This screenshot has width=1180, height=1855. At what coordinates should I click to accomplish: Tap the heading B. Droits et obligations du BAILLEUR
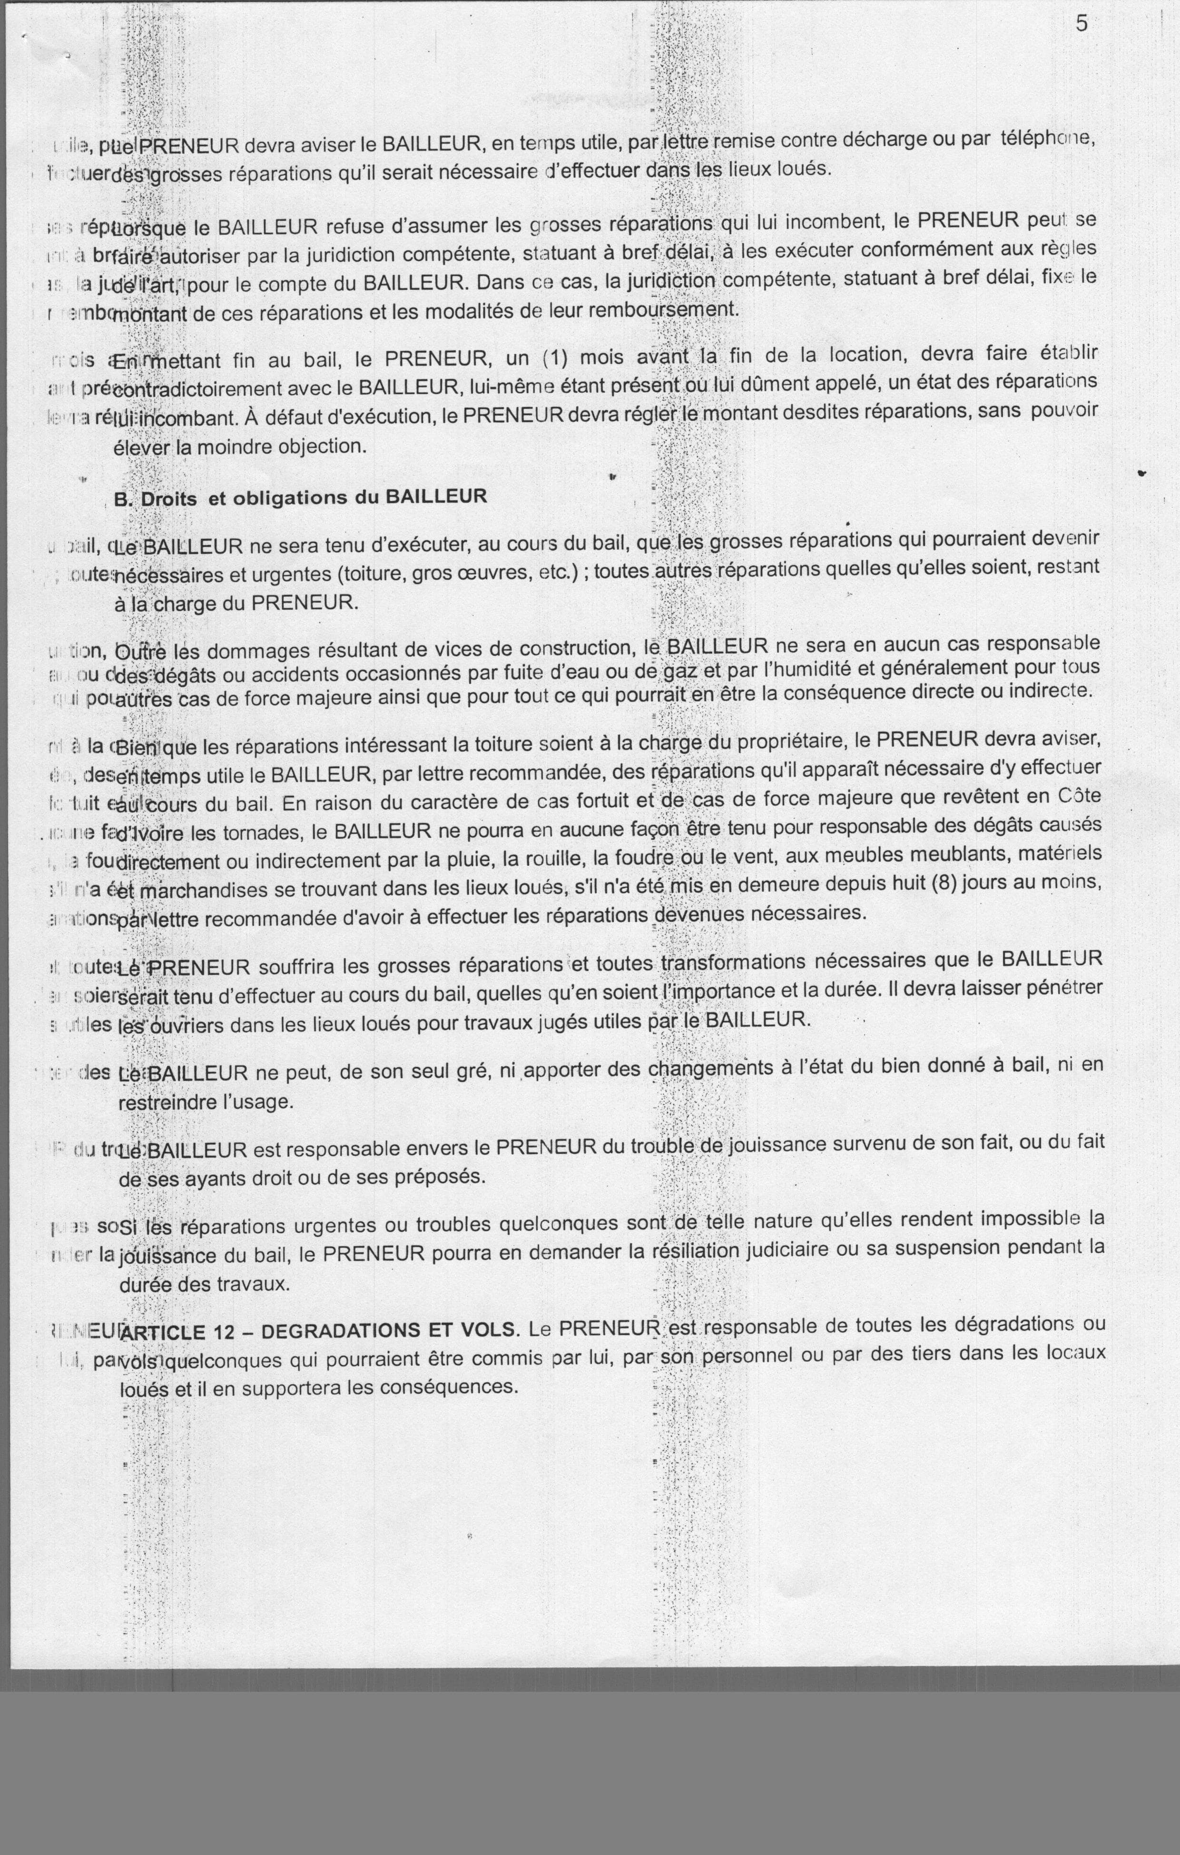[x=300, y=497]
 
